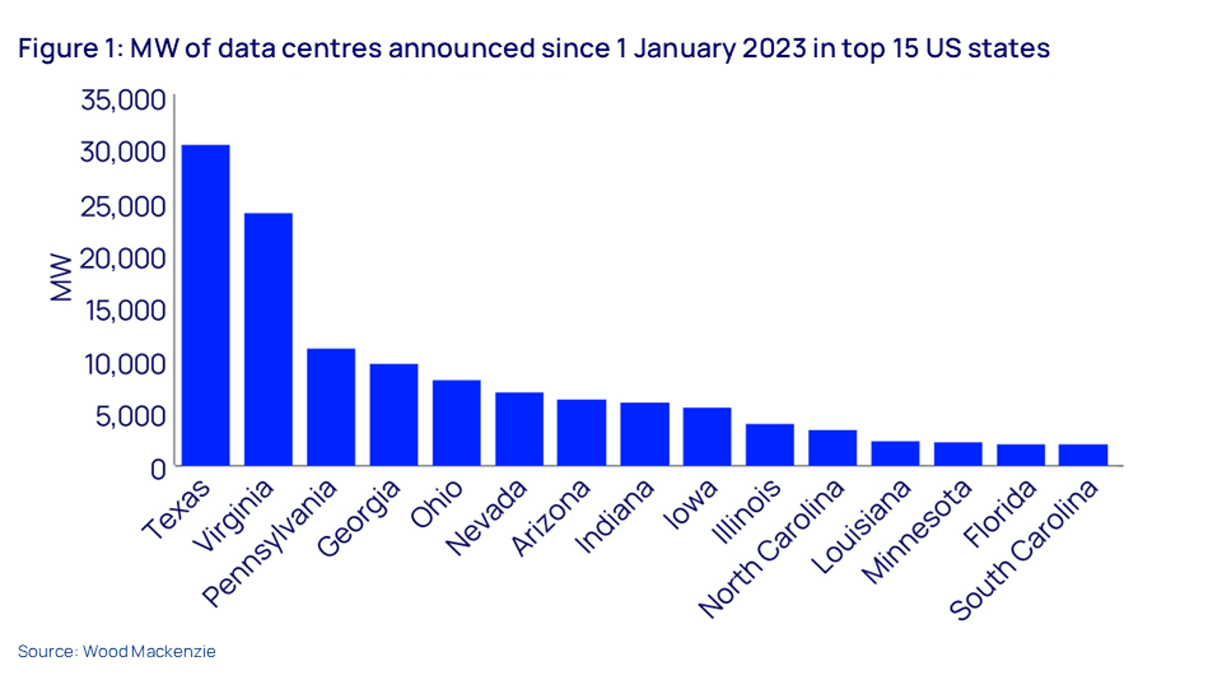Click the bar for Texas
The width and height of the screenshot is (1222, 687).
[x=206, y=305]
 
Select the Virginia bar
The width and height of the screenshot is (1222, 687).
[x=268, y=339]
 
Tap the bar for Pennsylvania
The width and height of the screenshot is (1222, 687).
[x=331, y=407]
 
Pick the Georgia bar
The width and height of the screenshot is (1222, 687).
[x=394, y=415]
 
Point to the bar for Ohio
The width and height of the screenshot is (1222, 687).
[x=456, y=423]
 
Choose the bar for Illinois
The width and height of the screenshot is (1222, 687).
[x=769, y=445]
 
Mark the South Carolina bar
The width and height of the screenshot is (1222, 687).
[x=1083, y=455]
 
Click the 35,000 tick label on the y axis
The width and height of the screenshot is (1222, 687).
[x=123, y=100]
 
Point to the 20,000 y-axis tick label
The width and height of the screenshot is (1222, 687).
[x=123, y=259]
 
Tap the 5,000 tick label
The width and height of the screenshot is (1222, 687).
[x=130, y=416]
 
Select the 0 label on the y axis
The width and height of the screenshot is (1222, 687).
[x=158, y=469]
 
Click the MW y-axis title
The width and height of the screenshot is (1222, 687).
[x=61, y=277]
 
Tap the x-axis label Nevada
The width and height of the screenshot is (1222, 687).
[x=486, y=517]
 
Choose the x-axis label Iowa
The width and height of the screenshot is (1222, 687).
[x=690, y=504]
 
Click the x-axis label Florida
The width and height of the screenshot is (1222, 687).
[x=1000, y=513]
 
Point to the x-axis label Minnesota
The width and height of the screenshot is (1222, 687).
[x=916, y=532]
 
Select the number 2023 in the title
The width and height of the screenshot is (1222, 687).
[x=774, y=49]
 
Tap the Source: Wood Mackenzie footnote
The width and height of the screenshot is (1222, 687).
[x=117, y=651]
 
